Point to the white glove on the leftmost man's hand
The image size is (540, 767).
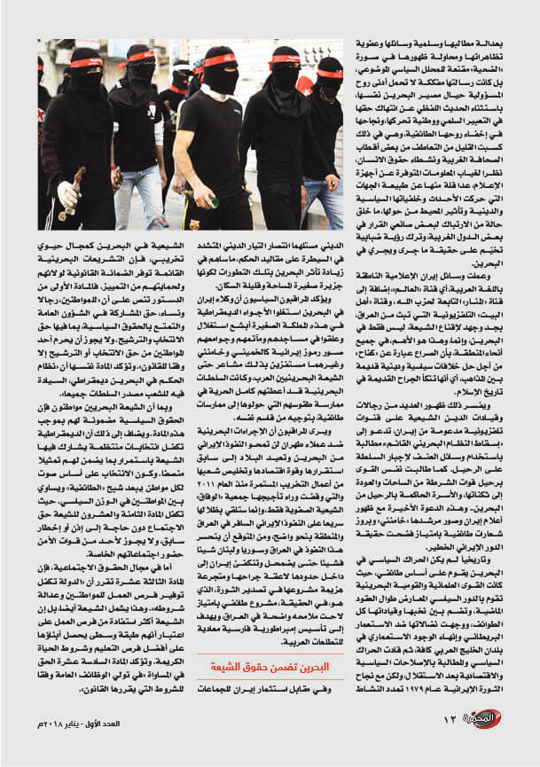pyautogui.click(x=66, y=194)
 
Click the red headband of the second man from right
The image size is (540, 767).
pyautogui.click(x=284, y=59)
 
